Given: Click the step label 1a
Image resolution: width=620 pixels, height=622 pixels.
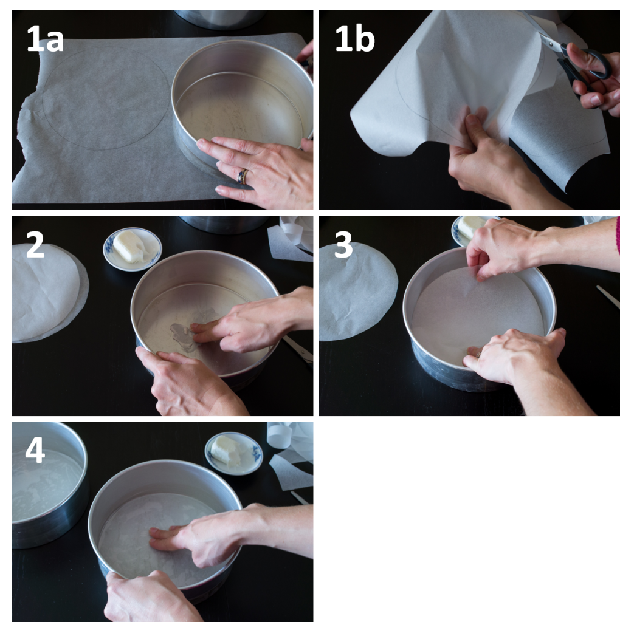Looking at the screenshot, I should click(45, 39).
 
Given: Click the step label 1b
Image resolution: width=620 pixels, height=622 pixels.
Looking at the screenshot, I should click(354, 39).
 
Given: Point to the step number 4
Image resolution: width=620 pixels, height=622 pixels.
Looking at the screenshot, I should click(35, 450).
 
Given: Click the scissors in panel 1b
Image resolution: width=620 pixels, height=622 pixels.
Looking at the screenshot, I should click(577, 61).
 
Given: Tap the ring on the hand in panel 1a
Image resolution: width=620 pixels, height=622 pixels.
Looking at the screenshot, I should click(243, 176).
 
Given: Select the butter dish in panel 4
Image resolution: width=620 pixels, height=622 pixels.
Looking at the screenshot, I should click(233, 453).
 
